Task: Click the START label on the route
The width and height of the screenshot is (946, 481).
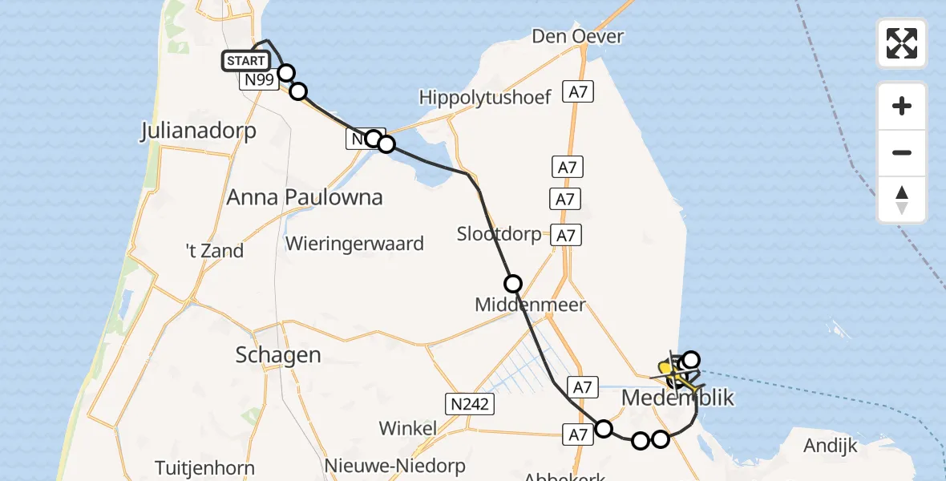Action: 245,61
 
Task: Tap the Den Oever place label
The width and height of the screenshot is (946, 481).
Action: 577,36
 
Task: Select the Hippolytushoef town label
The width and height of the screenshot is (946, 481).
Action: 485,98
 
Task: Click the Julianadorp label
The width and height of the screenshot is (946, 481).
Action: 198,130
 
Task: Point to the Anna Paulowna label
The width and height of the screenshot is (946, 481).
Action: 304,196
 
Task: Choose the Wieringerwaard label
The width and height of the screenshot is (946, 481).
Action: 354,244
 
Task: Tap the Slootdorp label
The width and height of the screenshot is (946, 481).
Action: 500,234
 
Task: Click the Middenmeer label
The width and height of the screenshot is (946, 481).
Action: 530,305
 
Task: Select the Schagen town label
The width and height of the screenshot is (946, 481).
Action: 278,354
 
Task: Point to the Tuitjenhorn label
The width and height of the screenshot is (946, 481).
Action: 204,468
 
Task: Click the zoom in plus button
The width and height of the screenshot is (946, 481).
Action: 902,106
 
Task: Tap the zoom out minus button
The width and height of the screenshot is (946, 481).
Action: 902,152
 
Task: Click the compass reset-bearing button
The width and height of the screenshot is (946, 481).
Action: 902,200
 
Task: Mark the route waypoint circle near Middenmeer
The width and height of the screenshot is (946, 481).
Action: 512,283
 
